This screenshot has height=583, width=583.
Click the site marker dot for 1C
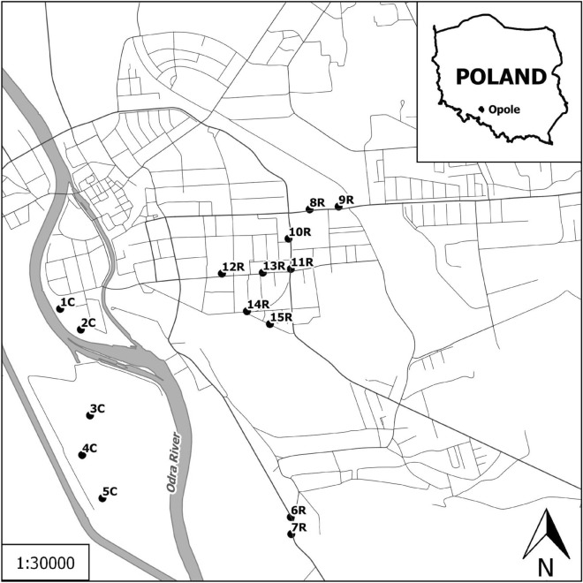[60, 309]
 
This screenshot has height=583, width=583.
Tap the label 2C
[88, 323]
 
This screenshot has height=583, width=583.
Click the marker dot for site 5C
[102, 498]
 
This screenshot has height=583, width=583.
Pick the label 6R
[298, 511]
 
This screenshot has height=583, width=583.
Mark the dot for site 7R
[291, 534]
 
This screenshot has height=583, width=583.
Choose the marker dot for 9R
[337, 208]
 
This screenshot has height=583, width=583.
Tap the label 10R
[300, 232]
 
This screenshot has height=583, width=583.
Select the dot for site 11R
[291, 269]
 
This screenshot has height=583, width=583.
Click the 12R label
[233, 268]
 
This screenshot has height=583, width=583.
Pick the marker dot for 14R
[246, 311]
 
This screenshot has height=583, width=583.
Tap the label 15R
[281, 317]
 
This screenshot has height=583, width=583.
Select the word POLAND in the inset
[500, 76]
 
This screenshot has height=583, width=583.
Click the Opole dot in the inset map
[481, 109]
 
